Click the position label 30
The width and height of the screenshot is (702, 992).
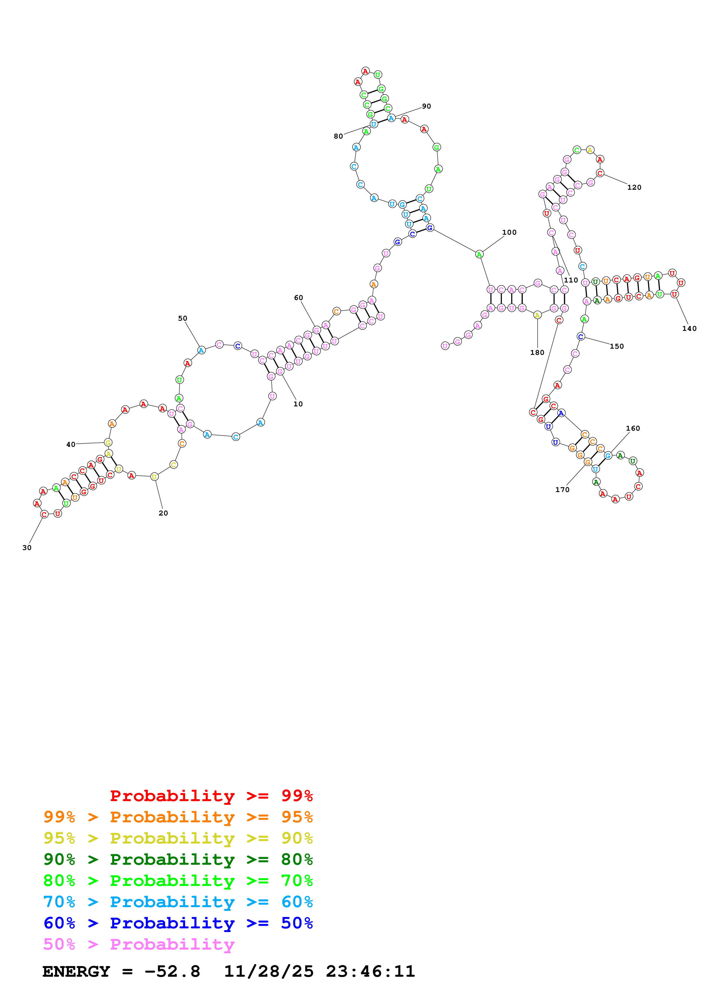[27, 548]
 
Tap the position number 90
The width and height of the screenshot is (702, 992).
[426, 106]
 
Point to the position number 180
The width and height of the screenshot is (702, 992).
[537, 353]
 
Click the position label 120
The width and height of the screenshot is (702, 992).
[634, 187]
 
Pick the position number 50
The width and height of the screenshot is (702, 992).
[183, 318]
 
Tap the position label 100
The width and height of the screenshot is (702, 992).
[509, 232]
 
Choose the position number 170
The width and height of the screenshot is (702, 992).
[562, 489]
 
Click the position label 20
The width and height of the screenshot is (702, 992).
[163, 513]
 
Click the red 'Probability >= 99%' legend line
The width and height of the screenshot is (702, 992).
[211, 795]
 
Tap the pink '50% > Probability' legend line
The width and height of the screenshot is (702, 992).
[139, 944]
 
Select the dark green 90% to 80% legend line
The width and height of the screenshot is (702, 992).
[178, 859]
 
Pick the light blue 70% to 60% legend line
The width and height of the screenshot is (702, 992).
[178, 902]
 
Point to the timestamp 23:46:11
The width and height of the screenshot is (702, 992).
[370, 971]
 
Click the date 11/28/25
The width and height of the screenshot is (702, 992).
[269, 971]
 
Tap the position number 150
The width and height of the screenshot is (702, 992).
[616, 346]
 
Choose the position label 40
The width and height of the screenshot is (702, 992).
[71, 444]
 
